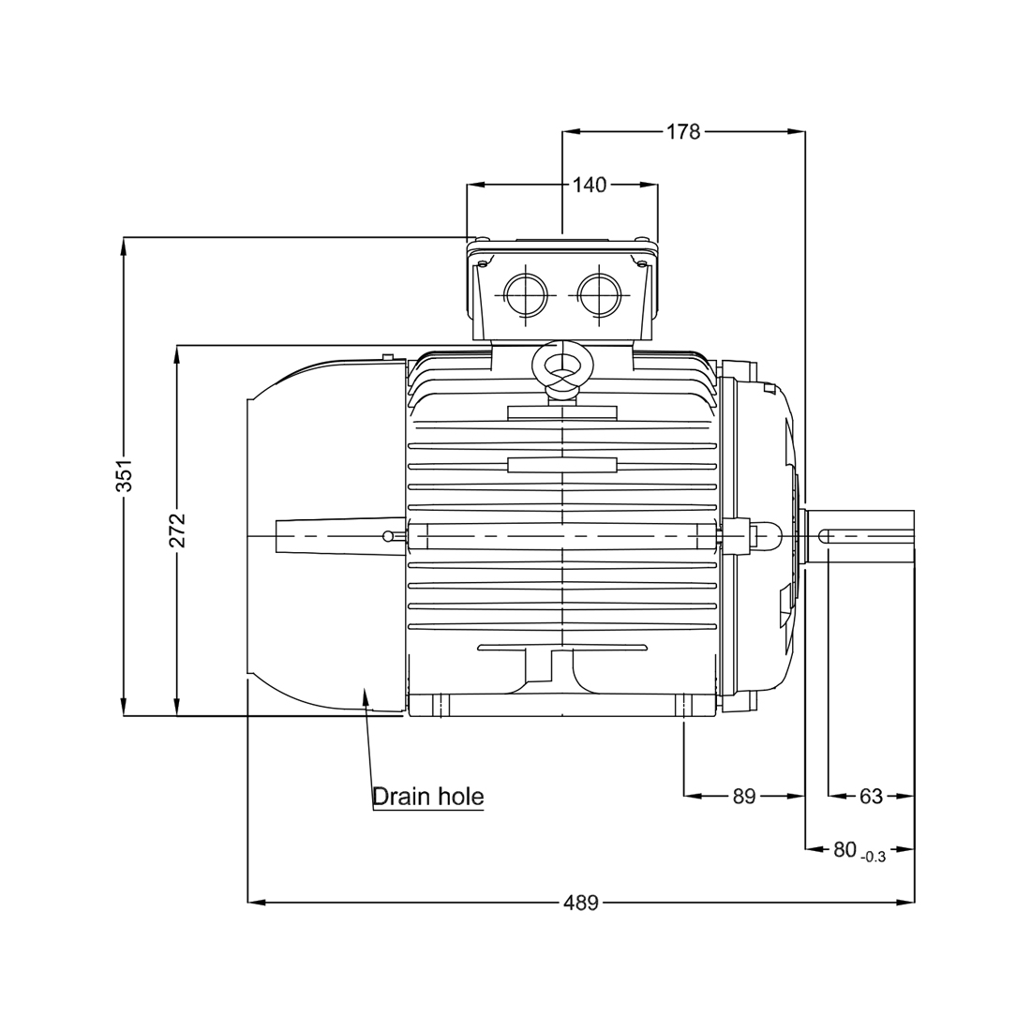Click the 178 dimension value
[683, 132]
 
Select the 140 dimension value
[590, 185]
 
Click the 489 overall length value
[580, 904]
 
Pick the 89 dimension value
[743, 797]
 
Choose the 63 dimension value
[871, 797]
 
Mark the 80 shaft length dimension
[844, 850]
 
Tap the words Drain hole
[428, 797]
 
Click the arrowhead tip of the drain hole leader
[365, 687]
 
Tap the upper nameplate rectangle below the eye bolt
[561, 412]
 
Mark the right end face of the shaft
[914, 536]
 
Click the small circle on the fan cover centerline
[388, 536]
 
